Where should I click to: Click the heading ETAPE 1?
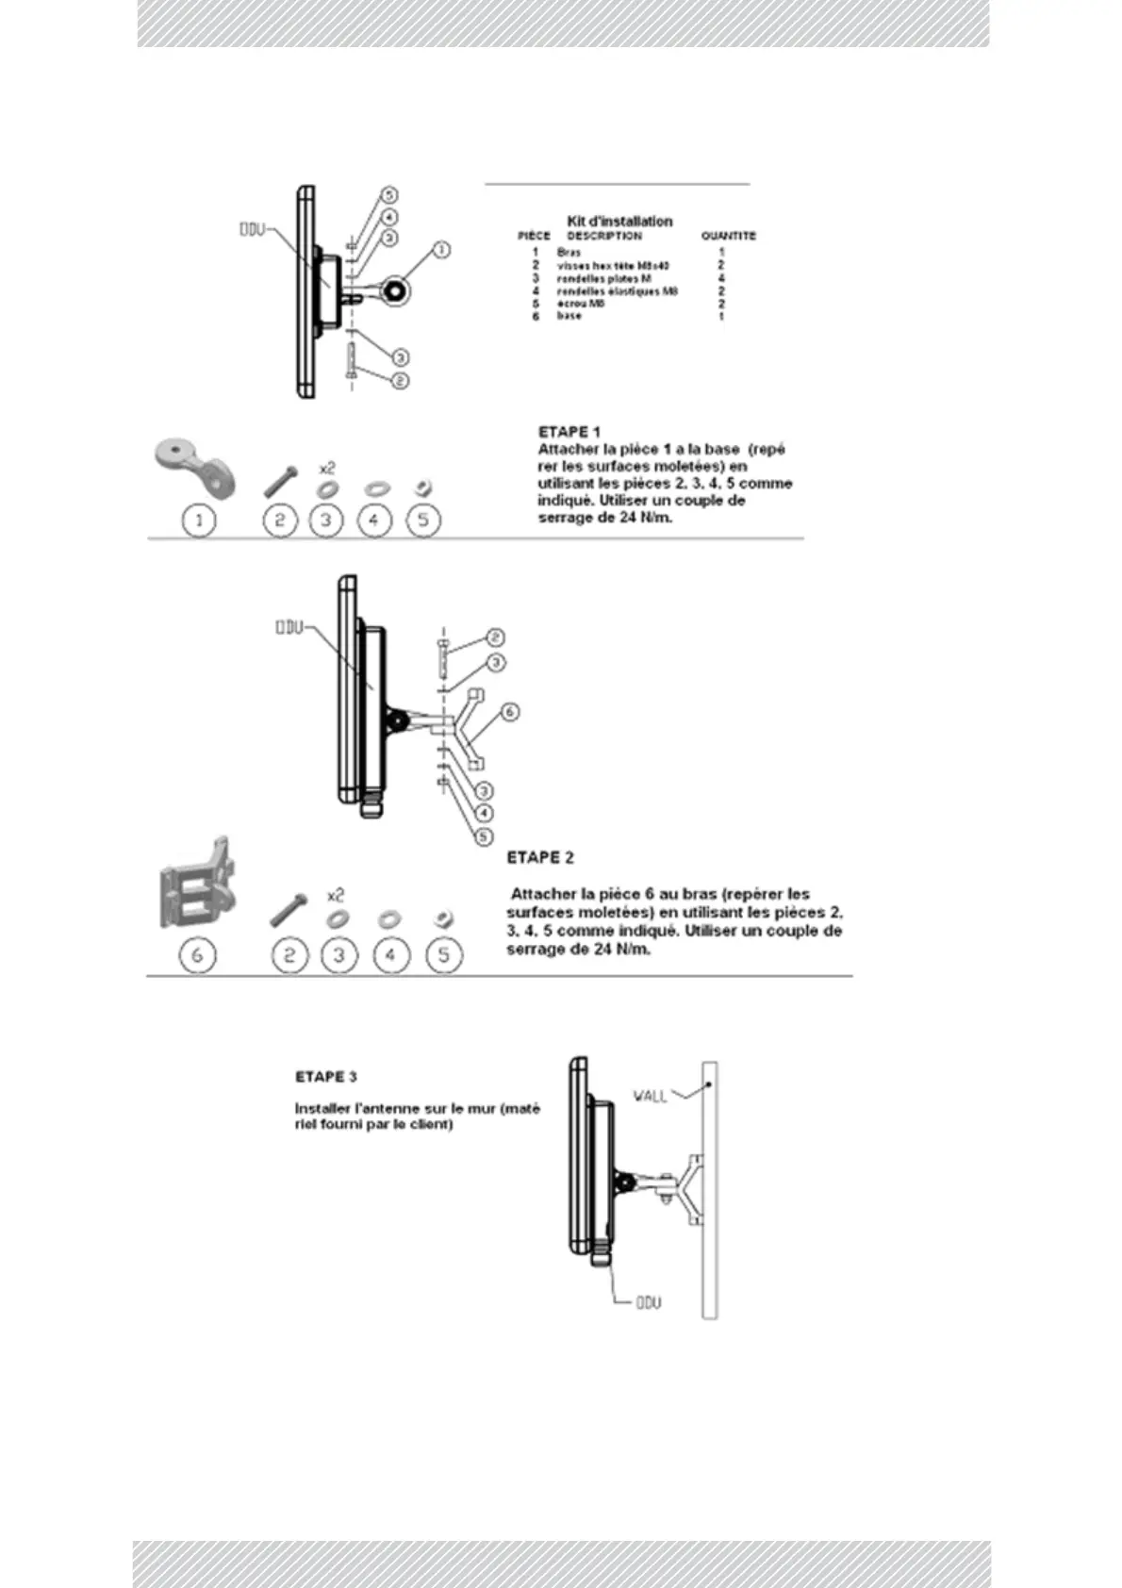pos(569,432)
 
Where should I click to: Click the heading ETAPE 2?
pos(540,857)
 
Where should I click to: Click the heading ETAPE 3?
pos(326,1076)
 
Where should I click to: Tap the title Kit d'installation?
pos(619,221)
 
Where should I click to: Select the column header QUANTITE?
pos(728,236)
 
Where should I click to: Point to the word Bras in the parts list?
pos(569,253)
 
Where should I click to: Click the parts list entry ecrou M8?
pos(580,304)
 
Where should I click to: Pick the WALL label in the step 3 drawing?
pos(650,1096)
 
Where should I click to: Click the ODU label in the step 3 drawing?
pos(648,1302)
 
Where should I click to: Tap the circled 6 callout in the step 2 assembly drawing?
pos(509,711)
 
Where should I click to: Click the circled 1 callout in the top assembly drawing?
pos(440,250)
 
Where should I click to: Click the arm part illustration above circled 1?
pos(195,466)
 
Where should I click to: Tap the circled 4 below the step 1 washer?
pos(374,520)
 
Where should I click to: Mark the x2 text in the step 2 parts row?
pos(335,894)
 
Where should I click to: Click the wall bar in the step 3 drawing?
pos(709,1188)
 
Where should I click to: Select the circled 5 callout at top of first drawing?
pos(388,194)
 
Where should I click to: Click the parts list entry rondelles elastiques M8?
pos(617,291)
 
